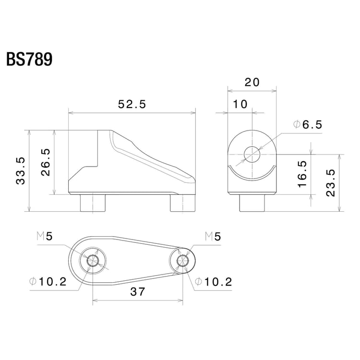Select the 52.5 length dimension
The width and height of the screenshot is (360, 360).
(132, 104)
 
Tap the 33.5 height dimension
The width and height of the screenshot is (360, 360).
(20, 170)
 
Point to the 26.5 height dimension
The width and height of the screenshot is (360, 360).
(45, 162)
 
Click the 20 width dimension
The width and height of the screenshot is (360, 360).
(252, 82)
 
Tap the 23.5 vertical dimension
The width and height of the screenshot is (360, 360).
(331, 182)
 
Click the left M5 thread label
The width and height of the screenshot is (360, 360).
(46, 236)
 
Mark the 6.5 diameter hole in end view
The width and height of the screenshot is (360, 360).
(252, 155)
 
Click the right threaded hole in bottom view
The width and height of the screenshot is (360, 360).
(182, 261)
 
